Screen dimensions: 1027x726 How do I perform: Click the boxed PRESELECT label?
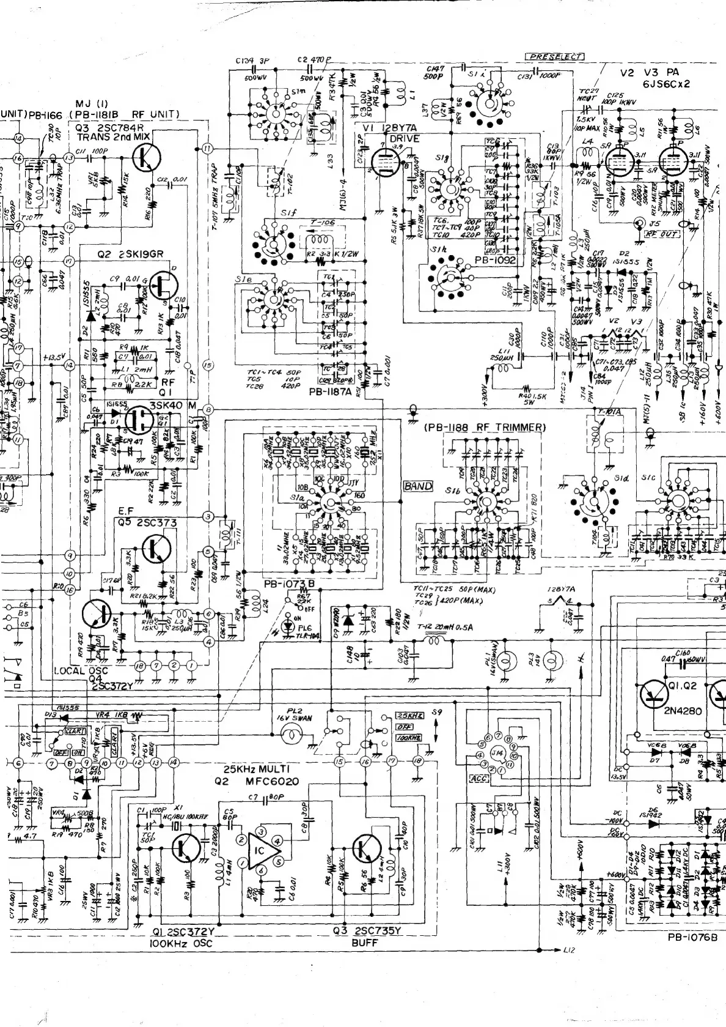tap(555, 56)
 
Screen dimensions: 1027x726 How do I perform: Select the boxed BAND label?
tap(418, 487)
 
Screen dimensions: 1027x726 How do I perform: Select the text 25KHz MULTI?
tap(251, 769)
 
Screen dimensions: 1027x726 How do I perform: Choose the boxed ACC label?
tap(475, 779)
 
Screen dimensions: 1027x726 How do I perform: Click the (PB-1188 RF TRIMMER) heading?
tap(483, 428)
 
